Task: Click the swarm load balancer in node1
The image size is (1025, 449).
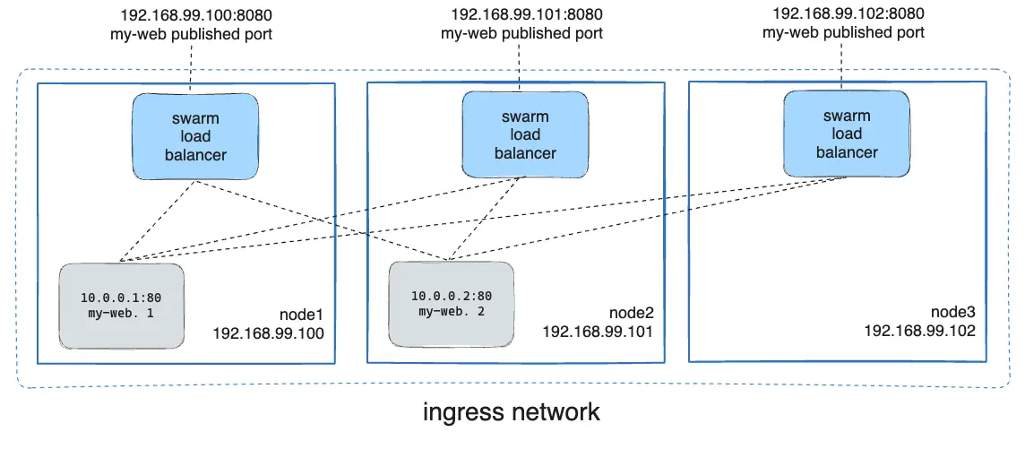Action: [196, 136]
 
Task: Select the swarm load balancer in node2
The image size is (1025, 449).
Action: [525, 134]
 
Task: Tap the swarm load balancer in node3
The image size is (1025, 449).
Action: [847, 134]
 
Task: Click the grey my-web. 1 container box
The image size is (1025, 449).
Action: [121, 306]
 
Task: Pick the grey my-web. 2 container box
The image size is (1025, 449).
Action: [452, 303]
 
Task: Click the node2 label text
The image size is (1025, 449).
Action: [632, 313]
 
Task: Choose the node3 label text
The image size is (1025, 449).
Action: [952, 313]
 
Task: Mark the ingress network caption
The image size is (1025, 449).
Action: [512, 413]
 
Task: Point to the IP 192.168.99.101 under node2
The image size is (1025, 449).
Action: [599, 331]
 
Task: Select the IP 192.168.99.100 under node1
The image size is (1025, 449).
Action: [268, 332]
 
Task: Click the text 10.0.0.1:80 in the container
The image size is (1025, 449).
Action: [121, 297]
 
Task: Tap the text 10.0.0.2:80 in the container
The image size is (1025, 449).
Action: [452, 296]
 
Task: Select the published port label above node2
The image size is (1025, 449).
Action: [521, 33]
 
